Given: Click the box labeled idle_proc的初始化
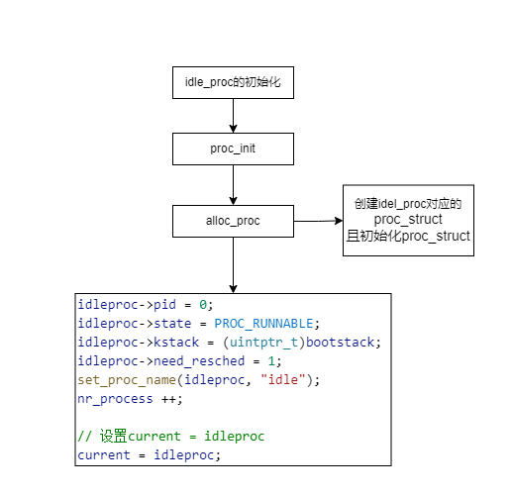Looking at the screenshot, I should [233, 82].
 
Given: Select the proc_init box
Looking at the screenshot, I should [233, 149].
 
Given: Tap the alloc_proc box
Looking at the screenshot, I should [233, 221].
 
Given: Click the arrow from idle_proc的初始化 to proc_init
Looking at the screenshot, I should [233, 115].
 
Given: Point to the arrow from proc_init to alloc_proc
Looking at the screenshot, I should [233, 184].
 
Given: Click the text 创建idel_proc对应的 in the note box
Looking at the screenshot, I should [408, 203].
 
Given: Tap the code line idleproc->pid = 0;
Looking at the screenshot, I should [145, 305].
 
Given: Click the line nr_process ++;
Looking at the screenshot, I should [128, 399].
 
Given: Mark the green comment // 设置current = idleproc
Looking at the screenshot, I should [170, 437].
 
